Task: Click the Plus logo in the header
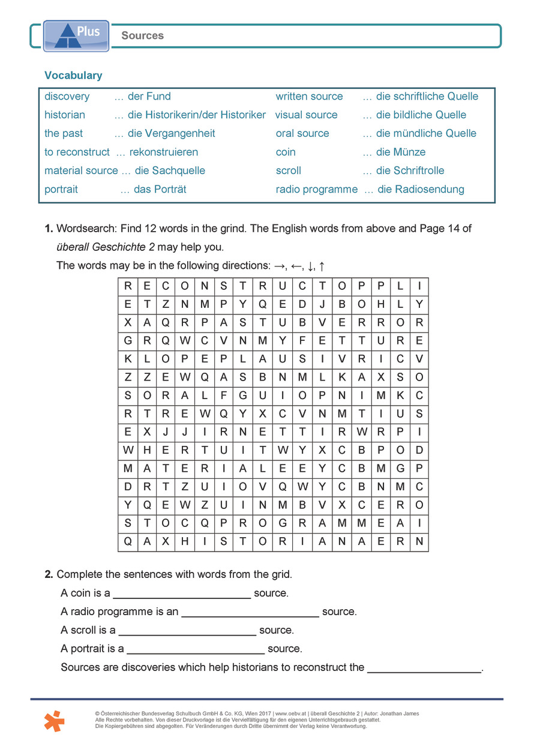(x=76, y=35)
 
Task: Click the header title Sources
(x=142, y=35)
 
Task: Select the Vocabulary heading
(x=73, y=76)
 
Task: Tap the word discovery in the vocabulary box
(x=67, y=97)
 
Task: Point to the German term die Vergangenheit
(x=171, y=133)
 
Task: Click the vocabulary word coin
(x=286, y=152)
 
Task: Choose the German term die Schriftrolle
(x=410, y=170)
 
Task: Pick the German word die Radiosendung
(x=421, y=189)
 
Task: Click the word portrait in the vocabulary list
(x=61, y=189)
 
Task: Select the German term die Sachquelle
(x=170, y=170)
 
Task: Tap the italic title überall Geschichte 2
(x=106, y=247)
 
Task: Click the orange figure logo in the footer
(x=54, y=720)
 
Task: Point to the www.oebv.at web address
(x=293, y=714)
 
